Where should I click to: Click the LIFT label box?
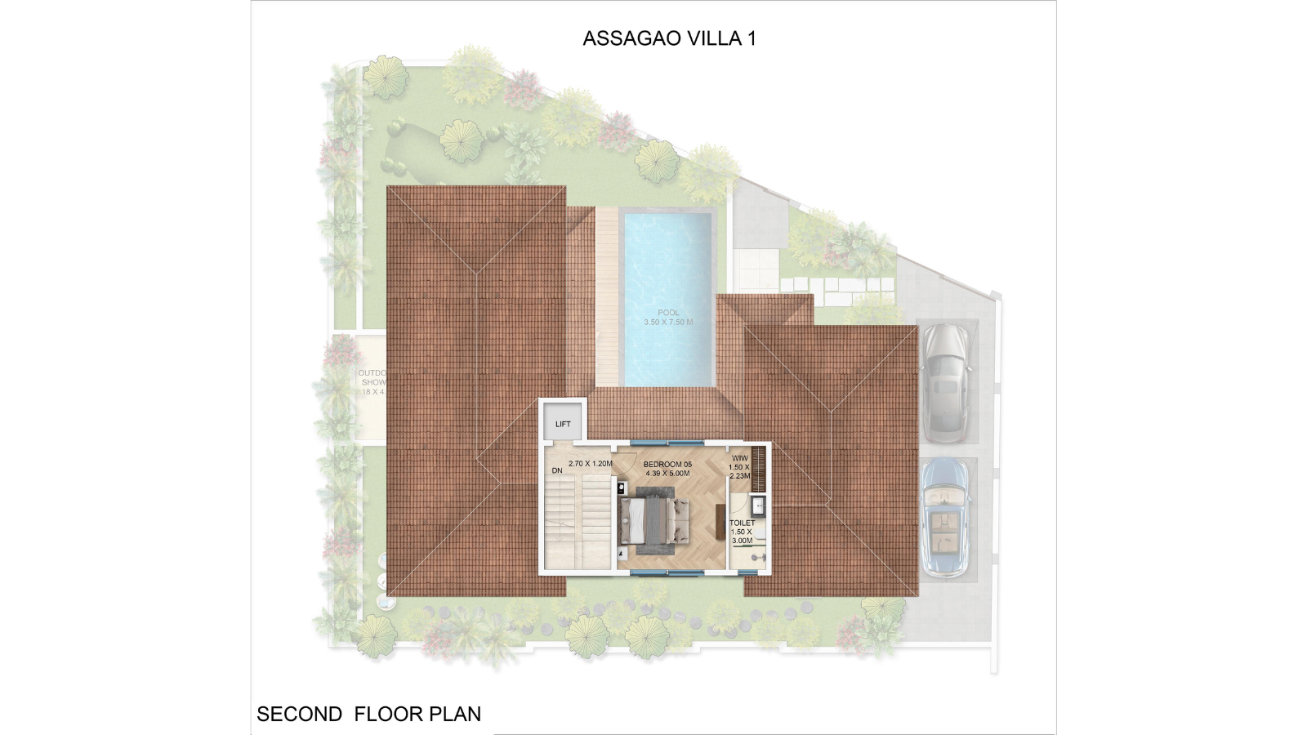pos(563,424)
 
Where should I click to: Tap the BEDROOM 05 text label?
pos(667,464)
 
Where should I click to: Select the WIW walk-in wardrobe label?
pos(739,459)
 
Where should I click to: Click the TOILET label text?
pos(742,523)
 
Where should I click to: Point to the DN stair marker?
pos(557,470)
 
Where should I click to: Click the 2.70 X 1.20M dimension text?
pos(590,463)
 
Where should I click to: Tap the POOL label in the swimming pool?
pos(668,313)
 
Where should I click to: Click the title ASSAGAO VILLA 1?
pos(669,38)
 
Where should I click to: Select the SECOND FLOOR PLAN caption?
pos(368,714)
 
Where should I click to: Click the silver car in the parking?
pos(946,382)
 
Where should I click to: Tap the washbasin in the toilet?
pos(759,505)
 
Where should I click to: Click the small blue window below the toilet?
pos(748,572)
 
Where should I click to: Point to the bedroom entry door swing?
pos(625,463)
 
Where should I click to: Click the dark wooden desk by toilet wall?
pos(720,523)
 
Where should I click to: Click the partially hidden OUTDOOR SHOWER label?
pos(372,381)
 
